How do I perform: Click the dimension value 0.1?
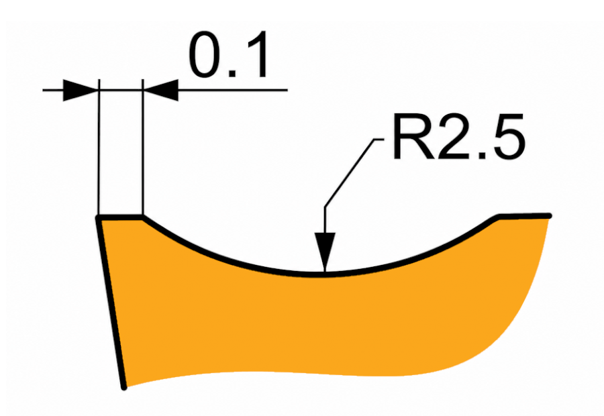point(228,54)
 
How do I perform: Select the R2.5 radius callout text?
point(459,136)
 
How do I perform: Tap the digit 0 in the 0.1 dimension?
point(206,54)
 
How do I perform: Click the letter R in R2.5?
point(413,136)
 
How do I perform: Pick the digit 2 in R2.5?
point(453,136)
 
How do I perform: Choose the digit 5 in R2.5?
point(509,137)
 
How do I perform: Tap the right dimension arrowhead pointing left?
point(160,90)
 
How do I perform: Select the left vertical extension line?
point(99,148)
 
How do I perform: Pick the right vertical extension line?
point(142,148)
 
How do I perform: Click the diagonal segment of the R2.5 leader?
point(349,173)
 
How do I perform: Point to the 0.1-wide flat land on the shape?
point(121,217)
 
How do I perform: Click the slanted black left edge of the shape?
point(111,303)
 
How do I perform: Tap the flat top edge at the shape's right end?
point(525,216)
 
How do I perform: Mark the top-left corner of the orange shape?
point(99,218)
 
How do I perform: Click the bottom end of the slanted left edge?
point(124,387)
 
